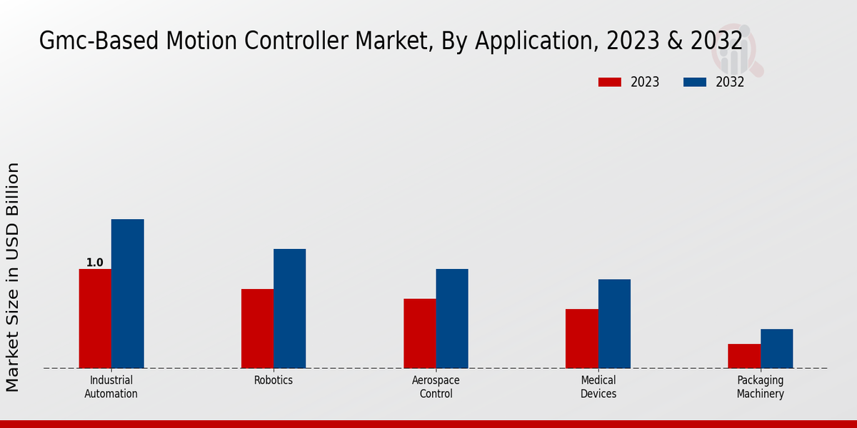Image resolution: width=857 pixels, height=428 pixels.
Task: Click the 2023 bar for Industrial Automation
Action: [x=95, y=318]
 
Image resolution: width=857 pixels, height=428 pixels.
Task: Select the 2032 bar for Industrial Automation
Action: [x=127, y=293]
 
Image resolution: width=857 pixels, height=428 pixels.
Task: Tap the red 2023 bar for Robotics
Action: [x=257, y=328]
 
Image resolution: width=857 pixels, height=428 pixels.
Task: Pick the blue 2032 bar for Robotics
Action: [x=289, y=308]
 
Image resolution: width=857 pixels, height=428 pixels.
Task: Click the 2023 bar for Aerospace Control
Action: [x=419, y=333]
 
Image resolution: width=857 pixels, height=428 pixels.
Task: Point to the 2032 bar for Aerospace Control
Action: [x=452, y=318]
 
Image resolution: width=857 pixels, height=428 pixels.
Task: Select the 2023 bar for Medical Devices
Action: [x=581, y=338]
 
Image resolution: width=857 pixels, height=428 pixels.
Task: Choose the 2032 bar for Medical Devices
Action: [x=614, y=323]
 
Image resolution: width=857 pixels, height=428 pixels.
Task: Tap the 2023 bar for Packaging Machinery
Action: [x=744, y=356]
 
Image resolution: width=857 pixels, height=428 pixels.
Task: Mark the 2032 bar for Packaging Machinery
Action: [x=776, y=348]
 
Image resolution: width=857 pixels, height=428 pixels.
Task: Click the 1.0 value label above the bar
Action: [x=95, y=263]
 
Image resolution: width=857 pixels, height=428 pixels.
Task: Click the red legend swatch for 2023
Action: [x=610, y=82]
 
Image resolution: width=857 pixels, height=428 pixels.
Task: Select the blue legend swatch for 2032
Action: [x=695, y=82]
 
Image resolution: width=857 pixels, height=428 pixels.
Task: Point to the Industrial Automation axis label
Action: [x=111, y=387]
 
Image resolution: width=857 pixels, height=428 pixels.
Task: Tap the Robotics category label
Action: [x=274, y=380]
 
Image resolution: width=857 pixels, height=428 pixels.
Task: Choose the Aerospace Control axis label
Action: [x=436, y=387]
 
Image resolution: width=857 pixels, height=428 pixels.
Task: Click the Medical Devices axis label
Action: [x=598, y=387]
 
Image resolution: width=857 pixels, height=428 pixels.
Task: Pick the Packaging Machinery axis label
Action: [x=761, y=387]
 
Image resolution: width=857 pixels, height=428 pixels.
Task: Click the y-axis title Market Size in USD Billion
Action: [x=13, y=277]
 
